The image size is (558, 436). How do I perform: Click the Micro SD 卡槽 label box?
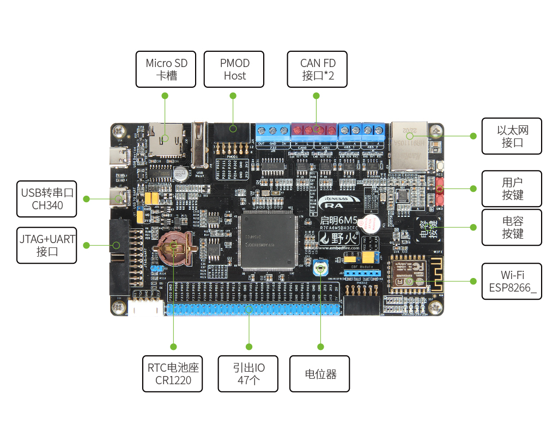pos(166,69)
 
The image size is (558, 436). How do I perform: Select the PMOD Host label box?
pos(234,69)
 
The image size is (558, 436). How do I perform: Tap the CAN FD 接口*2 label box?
pos(318,69)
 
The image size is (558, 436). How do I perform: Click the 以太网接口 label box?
pos(512,136)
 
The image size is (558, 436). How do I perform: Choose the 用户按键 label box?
pos(512,188)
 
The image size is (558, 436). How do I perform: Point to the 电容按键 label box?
pos(512,227)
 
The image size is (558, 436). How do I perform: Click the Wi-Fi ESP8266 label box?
pos(512,281)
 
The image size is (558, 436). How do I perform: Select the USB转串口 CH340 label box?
pos(47,198)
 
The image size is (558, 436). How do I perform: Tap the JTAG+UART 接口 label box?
pos(47,245)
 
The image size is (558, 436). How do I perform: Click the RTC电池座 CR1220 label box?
pos(173,374)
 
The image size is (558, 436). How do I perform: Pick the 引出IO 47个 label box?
pos(248,374)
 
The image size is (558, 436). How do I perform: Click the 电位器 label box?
pos(320,374)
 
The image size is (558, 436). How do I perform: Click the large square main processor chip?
pos(268,240)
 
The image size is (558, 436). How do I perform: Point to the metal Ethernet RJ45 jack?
pos(408,144)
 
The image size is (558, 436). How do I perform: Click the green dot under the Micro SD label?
pos(165,95)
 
